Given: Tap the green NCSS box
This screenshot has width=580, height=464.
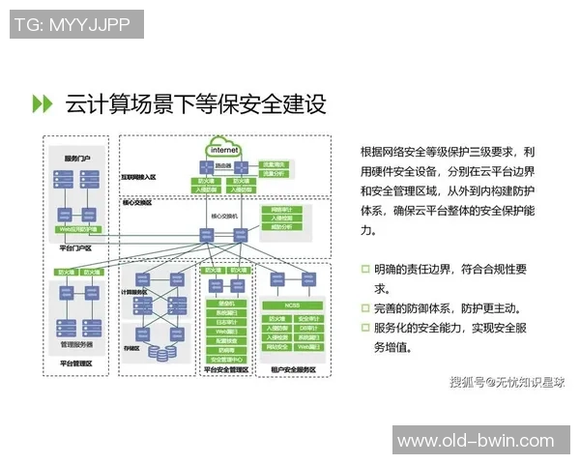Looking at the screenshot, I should pos(293,304).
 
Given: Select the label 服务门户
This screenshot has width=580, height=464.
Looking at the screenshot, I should pos(76,158).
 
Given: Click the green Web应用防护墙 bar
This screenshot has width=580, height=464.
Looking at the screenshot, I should pos(79,229).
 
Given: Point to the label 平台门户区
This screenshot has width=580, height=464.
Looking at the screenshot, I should pos(75,248).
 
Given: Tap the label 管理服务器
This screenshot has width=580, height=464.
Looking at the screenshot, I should pos(76,344).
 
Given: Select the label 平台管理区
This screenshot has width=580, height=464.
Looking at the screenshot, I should pos(76,363).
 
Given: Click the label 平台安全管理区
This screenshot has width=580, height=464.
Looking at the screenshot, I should pos(228,369).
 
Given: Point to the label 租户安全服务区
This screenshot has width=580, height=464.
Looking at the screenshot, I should pos(293,369).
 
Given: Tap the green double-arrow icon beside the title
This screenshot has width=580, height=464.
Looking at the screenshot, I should pos(43,102).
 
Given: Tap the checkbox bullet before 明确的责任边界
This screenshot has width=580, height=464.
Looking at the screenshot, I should pos(365,268).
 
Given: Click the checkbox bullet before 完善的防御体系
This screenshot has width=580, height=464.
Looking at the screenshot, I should pos(365,307).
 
